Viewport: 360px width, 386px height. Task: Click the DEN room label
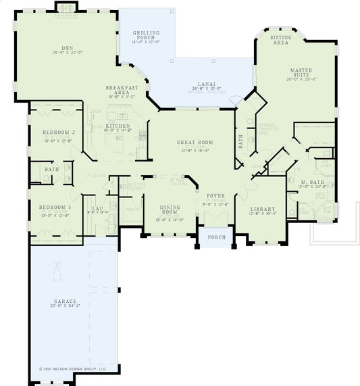point(67,48)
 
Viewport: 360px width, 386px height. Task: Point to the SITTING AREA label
point(281,40)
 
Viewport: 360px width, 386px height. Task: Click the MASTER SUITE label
point(301,72)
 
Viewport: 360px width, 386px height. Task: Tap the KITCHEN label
point(118,126)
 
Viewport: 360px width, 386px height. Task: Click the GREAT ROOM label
point(195,143)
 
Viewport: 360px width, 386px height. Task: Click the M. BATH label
point(303,181)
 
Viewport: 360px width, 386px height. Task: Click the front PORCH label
point(216,237)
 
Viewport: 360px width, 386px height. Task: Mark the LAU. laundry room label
point(97,208)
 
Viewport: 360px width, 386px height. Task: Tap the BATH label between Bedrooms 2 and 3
point(51,169)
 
